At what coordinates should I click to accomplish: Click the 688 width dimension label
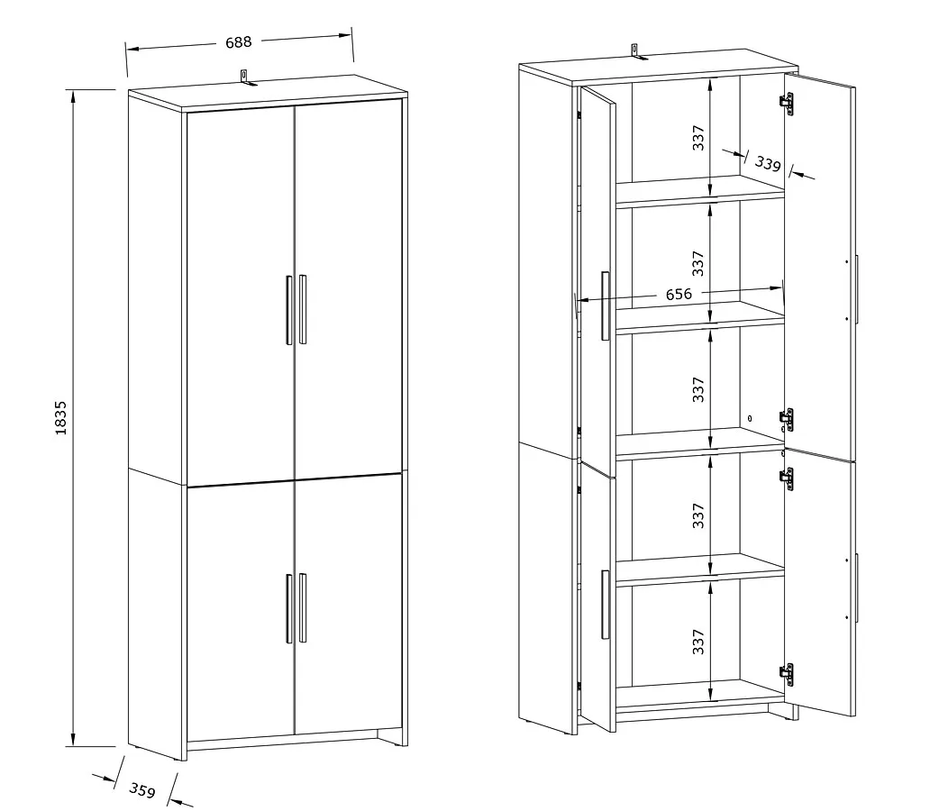tap(239, 42)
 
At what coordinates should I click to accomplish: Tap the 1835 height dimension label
tap(60, 418)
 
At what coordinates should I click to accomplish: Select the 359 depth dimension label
tap(142, 790)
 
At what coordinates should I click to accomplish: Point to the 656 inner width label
tap(679, 295)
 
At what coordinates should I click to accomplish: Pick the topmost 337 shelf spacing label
tap(698, 138)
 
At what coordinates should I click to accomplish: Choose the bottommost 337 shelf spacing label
tap(698, 642)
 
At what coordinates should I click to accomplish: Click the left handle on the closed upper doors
tap(289, 310)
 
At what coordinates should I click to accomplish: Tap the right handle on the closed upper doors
tap(303, 309)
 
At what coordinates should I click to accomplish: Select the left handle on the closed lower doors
tap(289, 608)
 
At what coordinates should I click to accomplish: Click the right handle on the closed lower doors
tap(303, 608)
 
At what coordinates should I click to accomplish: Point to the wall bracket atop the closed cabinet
tap(244, 77)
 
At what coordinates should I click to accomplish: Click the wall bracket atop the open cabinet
tap(635, 51)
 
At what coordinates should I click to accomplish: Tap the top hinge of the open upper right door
tap(787, 104)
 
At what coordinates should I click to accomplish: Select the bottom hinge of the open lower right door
tap(786, 675)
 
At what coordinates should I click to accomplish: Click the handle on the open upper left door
tap(605, 306)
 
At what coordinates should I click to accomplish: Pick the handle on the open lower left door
tap(605, 605)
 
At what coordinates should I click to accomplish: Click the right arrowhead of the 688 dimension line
tap(345, 35)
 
